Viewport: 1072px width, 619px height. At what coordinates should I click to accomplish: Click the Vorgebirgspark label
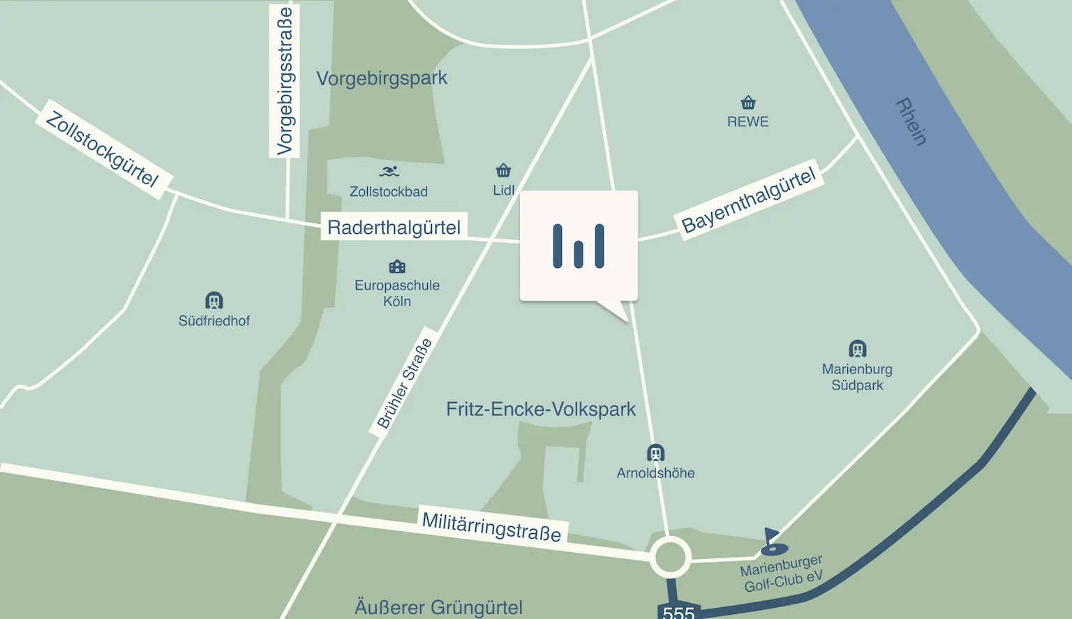(382, 78)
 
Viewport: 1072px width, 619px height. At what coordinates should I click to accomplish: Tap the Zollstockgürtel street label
(102, 149)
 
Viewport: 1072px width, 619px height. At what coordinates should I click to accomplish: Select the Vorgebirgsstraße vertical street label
(285, 80)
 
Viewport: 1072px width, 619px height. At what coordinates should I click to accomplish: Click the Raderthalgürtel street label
(394, 228)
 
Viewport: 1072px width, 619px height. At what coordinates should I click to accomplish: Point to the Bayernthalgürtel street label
(748, 200)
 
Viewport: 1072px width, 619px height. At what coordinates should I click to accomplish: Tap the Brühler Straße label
(405, 383)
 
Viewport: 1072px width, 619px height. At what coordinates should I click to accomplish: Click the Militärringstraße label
(491, 527)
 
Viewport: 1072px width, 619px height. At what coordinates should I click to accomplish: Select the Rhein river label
(911, 121)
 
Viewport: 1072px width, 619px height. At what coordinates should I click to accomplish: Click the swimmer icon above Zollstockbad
(389, 172)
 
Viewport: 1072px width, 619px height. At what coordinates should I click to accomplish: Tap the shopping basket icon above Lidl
(503, 170)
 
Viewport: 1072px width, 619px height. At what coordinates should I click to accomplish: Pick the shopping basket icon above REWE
(748, 103)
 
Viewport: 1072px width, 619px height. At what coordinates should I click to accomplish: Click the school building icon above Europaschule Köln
(397, 267)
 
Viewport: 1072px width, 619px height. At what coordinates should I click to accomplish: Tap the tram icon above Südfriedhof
(214, 301)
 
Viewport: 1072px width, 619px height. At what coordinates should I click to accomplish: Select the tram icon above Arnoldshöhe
(655, 453)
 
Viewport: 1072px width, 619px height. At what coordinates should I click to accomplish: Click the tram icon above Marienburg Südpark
(857, 349)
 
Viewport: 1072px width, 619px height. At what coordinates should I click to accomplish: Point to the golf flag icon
(772, 541)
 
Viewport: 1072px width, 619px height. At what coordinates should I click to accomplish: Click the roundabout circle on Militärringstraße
(671, 558)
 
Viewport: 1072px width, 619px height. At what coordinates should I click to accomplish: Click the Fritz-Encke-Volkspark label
(541, 409)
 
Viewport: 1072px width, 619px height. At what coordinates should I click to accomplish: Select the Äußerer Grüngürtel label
(438, 607)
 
